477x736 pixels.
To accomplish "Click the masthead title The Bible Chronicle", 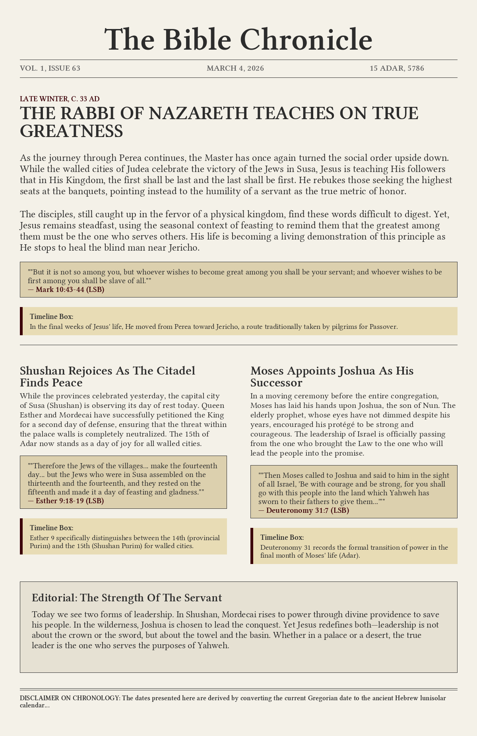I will pyautogui.click(x=238, y=40).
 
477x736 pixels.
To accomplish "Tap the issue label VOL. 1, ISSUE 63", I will pyautogui.click(x=50, y=68).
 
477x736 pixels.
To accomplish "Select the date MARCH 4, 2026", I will pyautogui.click(x=235, y=68).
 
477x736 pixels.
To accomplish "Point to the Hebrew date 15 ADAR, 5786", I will pyautogui.click(x=397, y=68).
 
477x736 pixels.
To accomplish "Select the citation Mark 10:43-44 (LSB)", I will pyautogui.click(x=70, y=289).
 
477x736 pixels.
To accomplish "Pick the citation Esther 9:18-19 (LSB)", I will pyautogui.click(x=70, y=500).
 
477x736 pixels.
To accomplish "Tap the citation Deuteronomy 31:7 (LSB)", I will pyautogui.click(x=307, y=510).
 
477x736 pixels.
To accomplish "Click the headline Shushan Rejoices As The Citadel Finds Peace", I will pyautogui.click(x=107, y=377).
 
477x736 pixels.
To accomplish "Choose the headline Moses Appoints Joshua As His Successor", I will pyautogui.click(x=332, y=377).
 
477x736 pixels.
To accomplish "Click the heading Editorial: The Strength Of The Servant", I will pyautogui.click(x=127, y=597).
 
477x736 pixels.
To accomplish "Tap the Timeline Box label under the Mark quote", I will pyautogui.click(x=51, y=317).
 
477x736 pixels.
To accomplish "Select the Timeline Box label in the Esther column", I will pyautogui.click(x=51, y=528).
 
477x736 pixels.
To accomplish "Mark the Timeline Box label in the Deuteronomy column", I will pyautogui.click(x=282, y=537).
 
